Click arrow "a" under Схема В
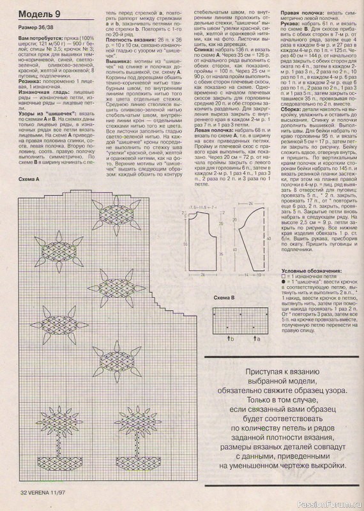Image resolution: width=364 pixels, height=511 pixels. point(254,332)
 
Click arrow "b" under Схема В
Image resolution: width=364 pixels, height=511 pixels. point(228,332)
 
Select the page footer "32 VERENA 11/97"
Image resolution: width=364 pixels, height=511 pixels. point(42,492)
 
